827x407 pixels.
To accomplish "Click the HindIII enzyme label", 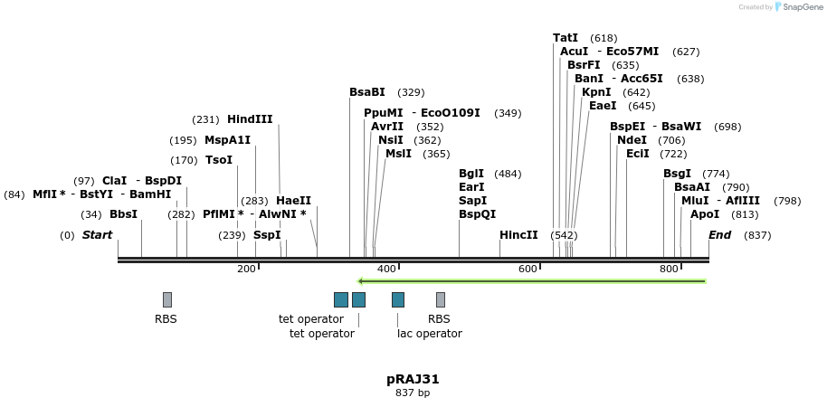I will (250, 119).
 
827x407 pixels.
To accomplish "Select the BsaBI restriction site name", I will (367, 92).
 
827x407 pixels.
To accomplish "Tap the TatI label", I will (566, 38).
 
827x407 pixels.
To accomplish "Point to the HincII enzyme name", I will (518, 235).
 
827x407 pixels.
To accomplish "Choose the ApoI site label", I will (705, 214).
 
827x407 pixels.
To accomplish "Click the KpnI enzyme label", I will (596, 92).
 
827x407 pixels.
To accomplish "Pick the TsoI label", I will (219, 160).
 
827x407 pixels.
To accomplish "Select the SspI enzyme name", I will (267, 235).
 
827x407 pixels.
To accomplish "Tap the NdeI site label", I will (632, 140).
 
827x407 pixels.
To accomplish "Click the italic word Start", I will (97, 235).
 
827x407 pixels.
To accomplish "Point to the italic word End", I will (719, 235).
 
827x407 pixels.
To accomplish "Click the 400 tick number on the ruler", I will (386, 269).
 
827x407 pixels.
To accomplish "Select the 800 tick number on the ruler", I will (669, 269).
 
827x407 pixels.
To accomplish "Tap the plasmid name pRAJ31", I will (413, 379).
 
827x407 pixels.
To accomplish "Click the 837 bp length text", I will (413, 393).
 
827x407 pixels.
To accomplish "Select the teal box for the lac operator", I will (398, 299).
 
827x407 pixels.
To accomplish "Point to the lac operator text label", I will (429, 334).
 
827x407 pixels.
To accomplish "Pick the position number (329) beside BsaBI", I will (411, 92).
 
